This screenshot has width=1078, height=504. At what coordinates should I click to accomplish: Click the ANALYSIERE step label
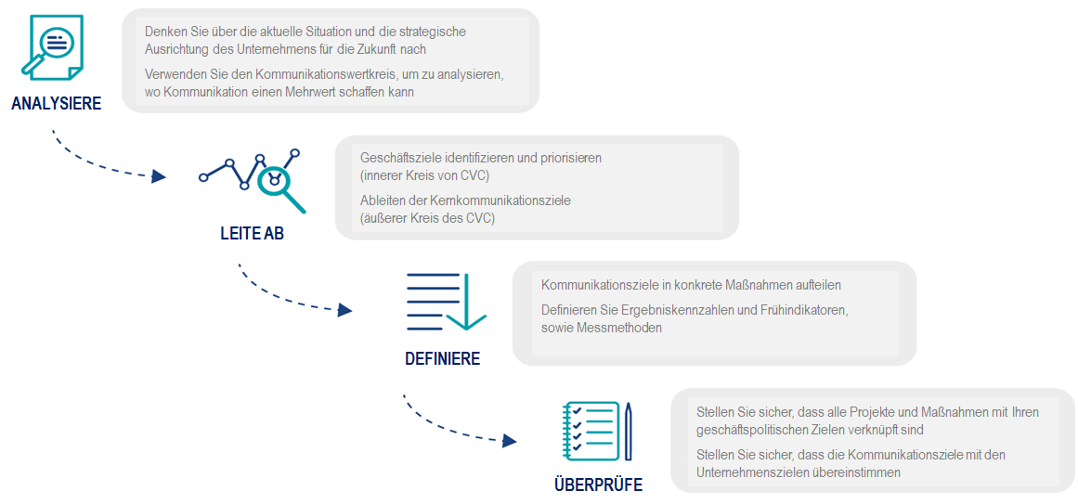pyautogui.click(x=57, y=104)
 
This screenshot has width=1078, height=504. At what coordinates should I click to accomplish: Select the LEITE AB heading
pyautogui.click(x=253, y=233)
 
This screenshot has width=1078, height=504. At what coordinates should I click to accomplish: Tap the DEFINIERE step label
pyautogui.click(x=442, y=359)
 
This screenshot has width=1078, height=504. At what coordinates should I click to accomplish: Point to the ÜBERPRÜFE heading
pyautogui.click(x=598, y=485)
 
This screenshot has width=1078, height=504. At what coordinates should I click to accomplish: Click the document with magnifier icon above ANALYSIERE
pyautogui.click(x=52, y=46)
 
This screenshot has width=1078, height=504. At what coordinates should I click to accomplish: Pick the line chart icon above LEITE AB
pyautogui.click(x=253, y=180)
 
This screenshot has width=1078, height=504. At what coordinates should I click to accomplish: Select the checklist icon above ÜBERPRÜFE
pyautogui.click(x=591, y=431)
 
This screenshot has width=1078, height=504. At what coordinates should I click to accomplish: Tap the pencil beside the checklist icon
pyautogui.click(x=629, y=431)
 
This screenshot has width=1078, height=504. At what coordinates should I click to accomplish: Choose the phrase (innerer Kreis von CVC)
pyautogui.click(x=424, y=176)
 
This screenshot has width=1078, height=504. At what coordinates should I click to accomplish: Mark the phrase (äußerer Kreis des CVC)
pyautogui.click(x=427, y=219)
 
